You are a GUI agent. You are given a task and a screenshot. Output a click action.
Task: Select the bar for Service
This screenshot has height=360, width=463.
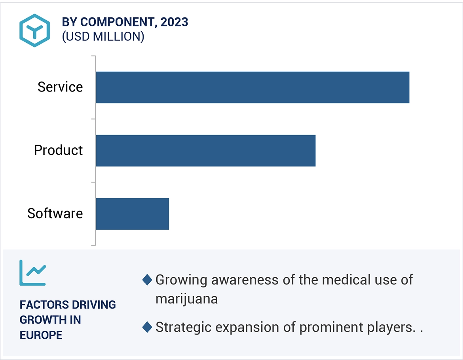[252, 88]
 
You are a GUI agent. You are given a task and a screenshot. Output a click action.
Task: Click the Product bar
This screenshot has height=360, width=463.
[205, 150]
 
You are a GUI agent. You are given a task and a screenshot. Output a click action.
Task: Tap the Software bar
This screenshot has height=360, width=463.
[132, 214]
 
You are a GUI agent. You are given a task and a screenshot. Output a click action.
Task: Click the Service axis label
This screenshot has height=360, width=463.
[60, 87]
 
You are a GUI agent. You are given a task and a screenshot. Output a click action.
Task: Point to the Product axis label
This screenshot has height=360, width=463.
[58, 150]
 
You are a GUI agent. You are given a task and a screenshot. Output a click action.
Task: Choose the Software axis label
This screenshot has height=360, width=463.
[55, 214]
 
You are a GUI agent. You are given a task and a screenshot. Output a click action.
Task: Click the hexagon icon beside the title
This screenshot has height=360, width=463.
[35, 30]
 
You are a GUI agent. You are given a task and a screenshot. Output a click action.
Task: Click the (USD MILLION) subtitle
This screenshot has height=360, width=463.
[103, 37]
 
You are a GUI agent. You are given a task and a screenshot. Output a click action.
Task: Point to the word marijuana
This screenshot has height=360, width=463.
[186, 299]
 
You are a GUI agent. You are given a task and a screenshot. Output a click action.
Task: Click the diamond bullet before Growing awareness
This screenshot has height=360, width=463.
[147, 280]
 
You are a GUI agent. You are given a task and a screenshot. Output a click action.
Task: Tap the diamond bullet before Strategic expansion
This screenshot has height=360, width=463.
[147, 328]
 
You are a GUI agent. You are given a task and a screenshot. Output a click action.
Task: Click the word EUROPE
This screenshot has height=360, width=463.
[41, 335]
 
